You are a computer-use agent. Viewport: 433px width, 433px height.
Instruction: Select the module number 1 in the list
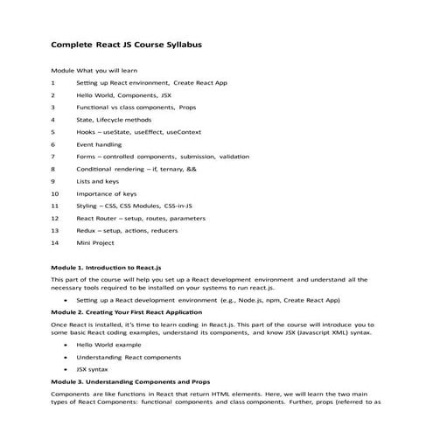point(53,82)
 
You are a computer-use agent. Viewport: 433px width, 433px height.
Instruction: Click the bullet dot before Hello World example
point(66,346)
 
